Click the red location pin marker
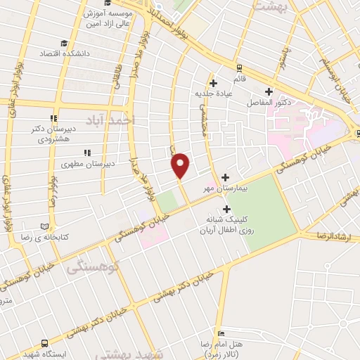pos(181,165)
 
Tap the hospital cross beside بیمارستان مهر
pos(225,177)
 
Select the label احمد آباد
pos(112,120)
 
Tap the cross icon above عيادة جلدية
pos(213,82)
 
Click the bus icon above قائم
pos(238,67)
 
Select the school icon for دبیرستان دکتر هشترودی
pos(53,118)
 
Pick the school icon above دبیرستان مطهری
pos(86,152)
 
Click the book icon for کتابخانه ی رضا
pos(46,226)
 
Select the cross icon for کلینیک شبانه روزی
pos(226,209)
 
